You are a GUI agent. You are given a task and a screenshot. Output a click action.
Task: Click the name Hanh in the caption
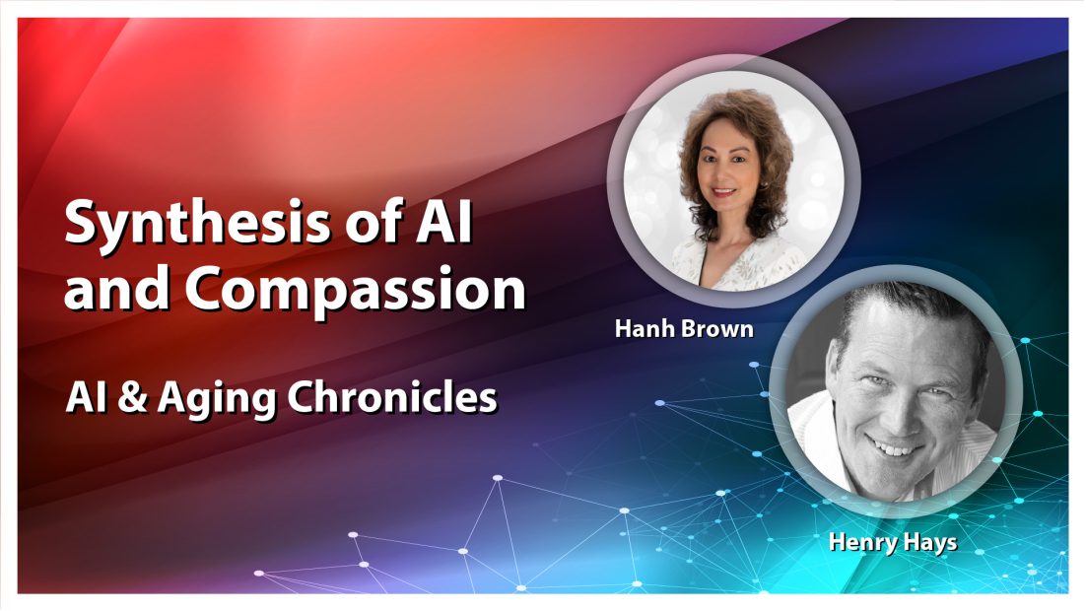[644, 329]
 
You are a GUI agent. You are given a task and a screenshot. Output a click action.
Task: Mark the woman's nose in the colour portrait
[722, 175]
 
